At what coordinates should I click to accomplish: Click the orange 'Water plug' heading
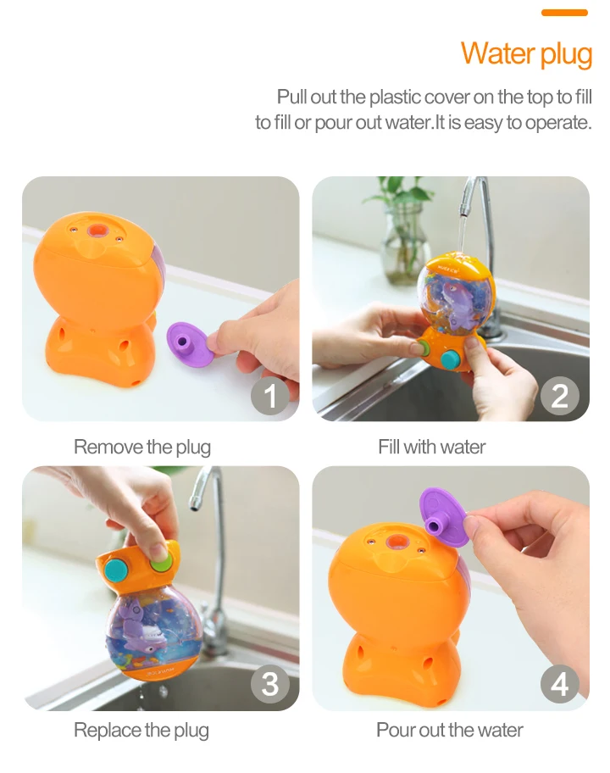[526, 53]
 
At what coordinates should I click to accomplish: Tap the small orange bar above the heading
[564, 13]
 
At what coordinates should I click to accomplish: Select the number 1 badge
[269, 395]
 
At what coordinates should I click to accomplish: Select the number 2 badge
[559, 395]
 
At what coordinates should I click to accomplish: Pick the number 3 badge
[269, 684]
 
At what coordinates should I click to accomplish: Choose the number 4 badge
[559, 684]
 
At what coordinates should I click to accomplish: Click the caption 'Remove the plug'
[142, 448]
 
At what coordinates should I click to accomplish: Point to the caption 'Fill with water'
[431, 448]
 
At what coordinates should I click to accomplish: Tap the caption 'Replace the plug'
[141, 730]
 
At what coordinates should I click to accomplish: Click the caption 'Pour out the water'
[449, 730]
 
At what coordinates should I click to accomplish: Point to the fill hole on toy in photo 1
[97, 231]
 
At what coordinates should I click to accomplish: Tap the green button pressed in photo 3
[159, 564]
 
